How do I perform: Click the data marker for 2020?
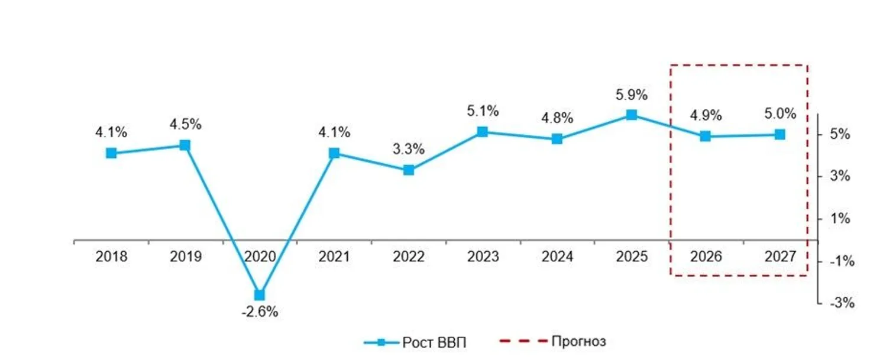(x=260, y=294)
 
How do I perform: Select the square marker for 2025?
(x=631, y=115)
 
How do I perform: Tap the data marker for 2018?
(x=111, y=153)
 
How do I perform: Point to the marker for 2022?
(x=409, y=170)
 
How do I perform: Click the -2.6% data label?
(x=260, y=312)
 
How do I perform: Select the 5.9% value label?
(x=631, y=95)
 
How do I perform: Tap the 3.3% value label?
(x=409, y=150)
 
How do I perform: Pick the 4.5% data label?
(x=186, y=125)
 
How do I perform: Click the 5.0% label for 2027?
(x=780, y=114)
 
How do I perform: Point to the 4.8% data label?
(x=557, y=118)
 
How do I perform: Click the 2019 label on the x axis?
(x=186, y=257)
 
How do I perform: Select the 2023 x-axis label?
(x=483, y=257)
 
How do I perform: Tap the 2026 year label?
(x=706, y=257)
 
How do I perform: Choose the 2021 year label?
(x=334, y=257)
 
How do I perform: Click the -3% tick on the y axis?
(x=840, y=303)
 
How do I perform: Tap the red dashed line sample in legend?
(x=522, y=342)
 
